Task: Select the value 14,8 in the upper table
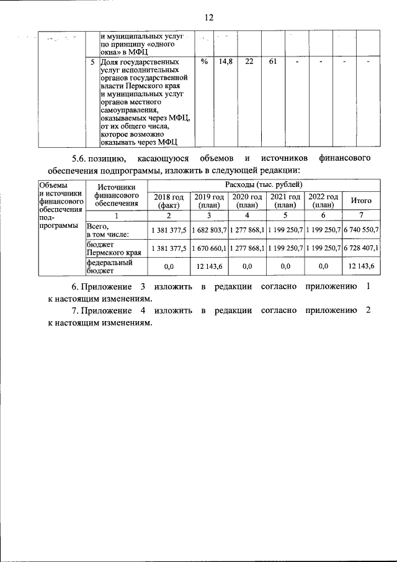coord(226,63)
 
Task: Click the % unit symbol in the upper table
coord(204,63)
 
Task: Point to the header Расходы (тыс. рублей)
coord(264,185)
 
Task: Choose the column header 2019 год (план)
coord(209,201)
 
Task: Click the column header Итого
coord(361,201)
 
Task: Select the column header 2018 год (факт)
coord(169,201)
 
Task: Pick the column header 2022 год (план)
coord(323,201)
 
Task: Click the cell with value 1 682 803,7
coord(209,230)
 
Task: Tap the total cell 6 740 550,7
coord(361,230)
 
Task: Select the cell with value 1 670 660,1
coord(209,248)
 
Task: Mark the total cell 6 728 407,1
coord(361,248)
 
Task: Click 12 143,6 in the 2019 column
coord(209,266)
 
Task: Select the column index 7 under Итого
coord(361,215)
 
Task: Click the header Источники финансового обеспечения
coord(116,194)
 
